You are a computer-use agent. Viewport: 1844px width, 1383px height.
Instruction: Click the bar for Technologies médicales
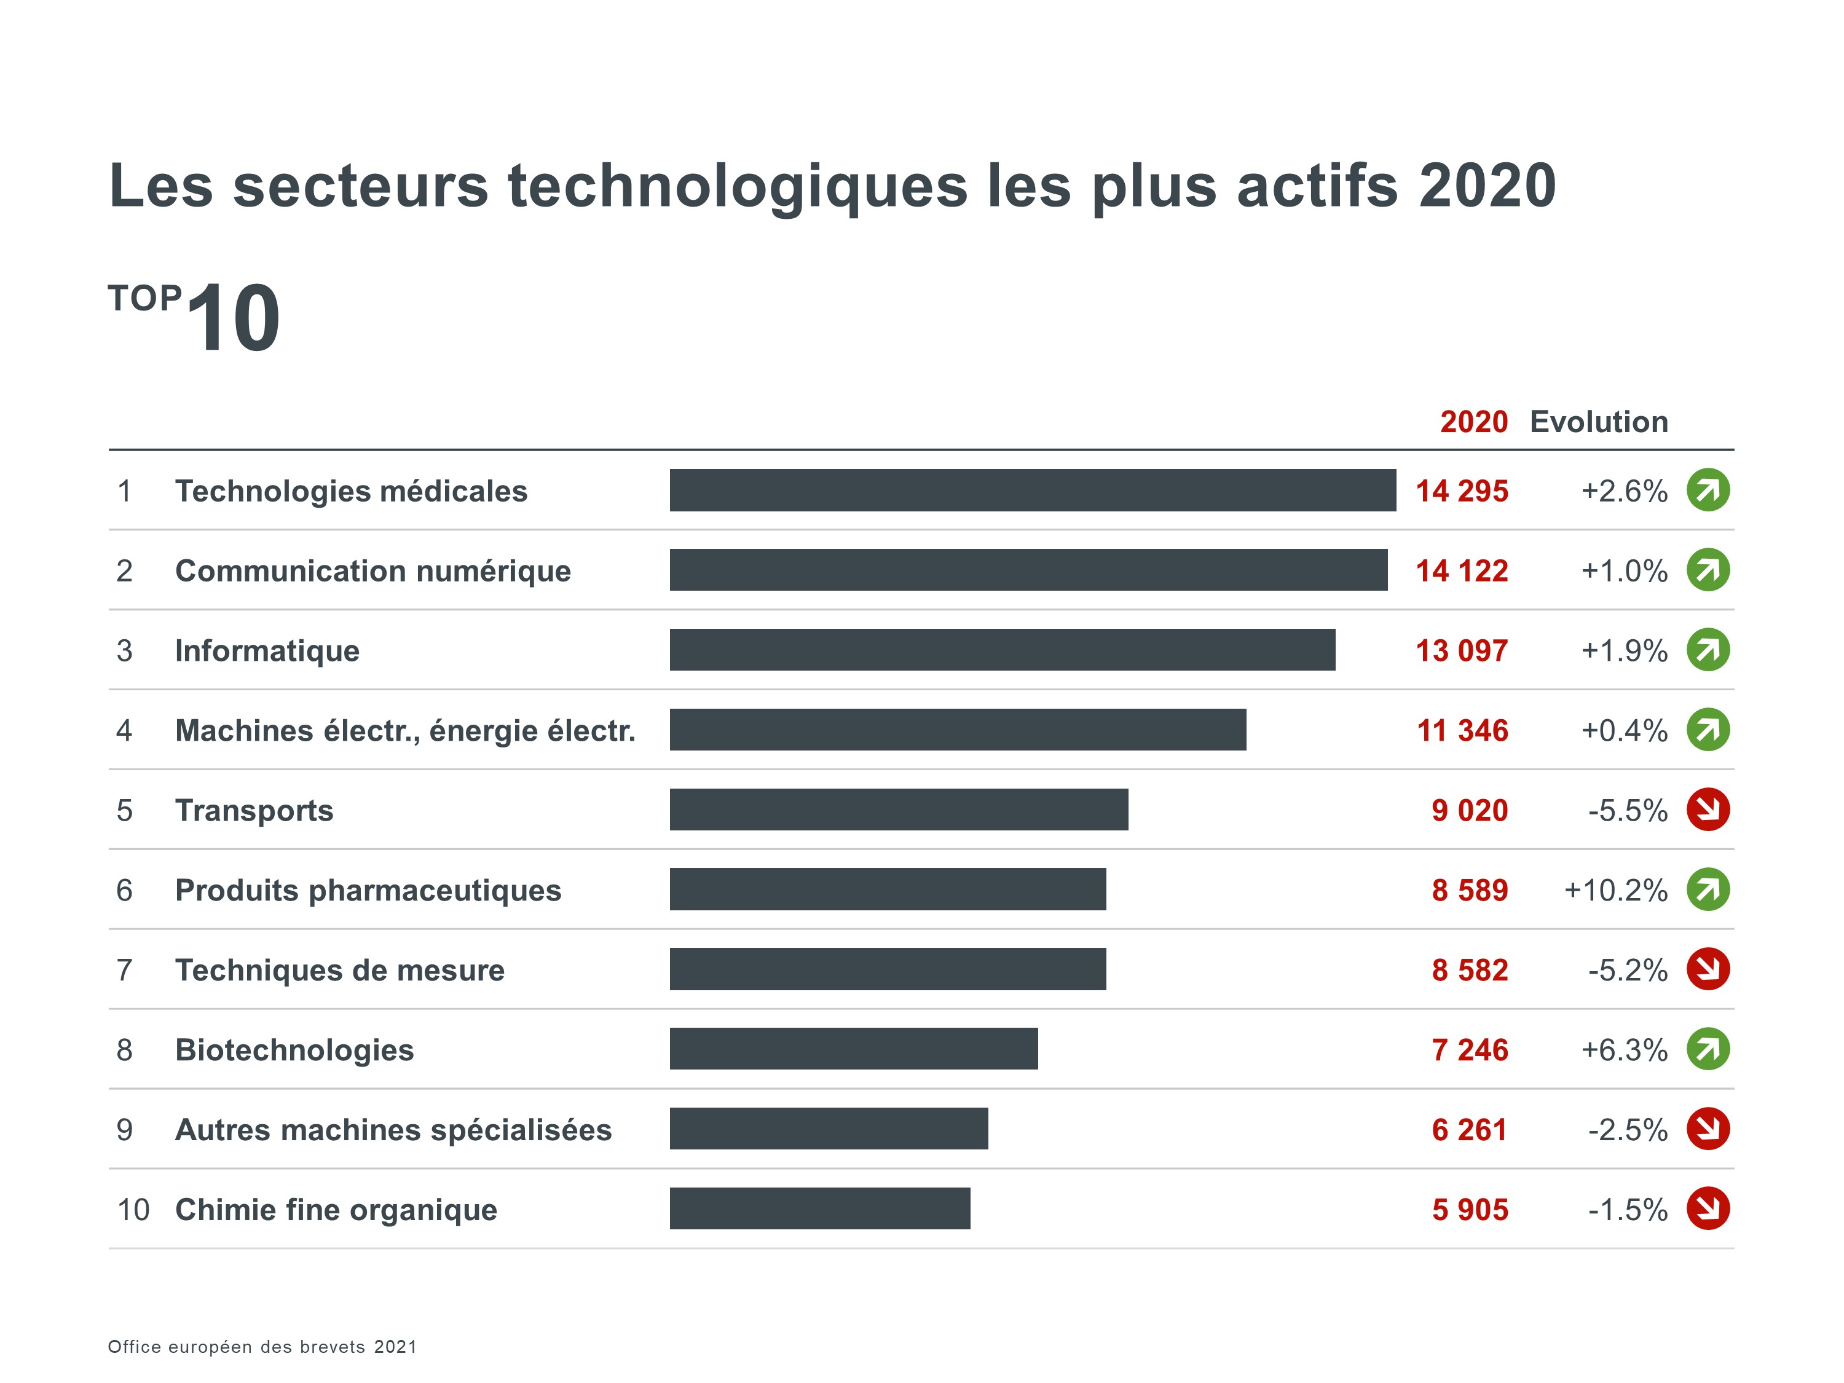click(x=1032, y=490)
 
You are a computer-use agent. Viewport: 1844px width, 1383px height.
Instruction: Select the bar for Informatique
click(x=1002, y=650)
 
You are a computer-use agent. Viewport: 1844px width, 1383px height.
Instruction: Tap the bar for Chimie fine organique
click(x=819, y=1208)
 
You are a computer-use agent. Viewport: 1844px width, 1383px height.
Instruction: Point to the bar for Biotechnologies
click(x=854, y=1049)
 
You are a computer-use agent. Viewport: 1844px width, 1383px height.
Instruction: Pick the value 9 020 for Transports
click(x=1469, y=810)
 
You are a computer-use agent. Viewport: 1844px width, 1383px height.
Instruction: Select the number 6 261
click(x=1469, y=1130)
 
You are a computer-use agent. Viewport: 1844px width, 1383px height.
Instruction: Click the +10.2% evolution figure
click(x=1615, y=890)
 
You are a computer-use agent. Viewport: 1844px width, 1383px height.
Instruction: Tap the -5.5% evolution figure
click(x=1626, y=810)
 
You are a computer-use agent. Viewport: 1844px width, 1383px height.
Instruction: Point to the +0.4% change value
click(x=1623, y=730)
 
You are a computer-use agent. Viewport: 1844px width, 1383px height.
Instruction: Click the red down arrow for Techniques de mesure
click(x=1708, y=969)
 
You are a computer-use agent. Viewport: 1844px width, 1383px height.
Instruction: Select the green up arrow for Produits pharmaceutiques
click(x=1708, y=889)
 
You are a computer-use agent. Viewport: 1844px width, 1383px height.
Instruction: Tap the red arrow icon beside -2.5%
click(x=1708, y=1129)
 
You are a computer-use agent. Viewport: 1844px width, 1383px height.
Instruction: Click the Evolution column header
click(x=1598, y=422)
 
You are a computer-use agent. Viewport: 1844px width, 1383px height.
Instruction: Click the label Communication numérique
click(x=372, y=571)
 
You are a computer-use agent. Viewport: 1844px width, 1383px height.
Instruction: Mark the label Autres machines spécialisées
click(x=393, y=1130)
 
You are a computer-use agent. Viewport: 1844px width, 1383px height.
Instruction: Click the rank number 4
click(x=124, y=730)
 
